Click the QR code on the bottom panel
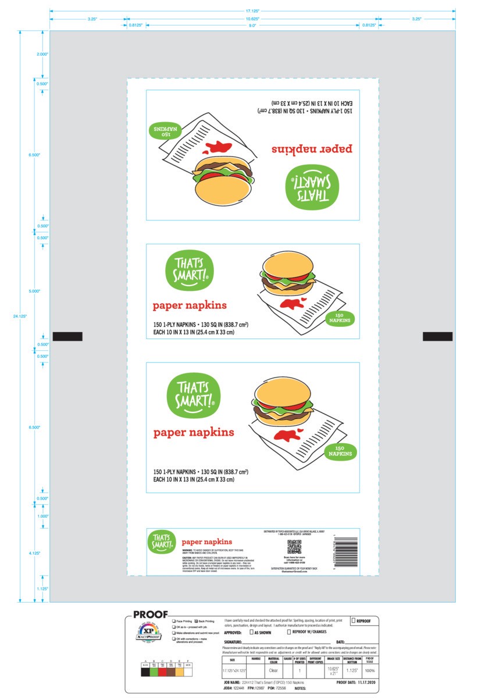(x=294, y=547)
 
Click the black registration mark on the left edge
(x=67, y=336)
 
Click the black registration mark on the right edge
(x=437, y=336)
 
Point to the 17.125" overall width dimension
(x=252, y=10)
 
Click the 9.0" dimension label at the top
(x=252, y=26)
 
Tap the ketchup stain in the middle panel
(x=291, y=303)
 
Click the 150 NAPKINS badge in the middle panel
(x=339, y=318)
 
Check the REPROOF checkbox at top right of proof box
(x=353, y=621)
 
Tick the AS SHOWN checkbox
(x=251, y=632)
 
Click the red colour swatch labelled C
(x=163, y=672)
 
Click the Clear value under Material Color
(x=273, y=670)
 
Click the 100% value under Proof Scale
(x=370, y=670)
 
